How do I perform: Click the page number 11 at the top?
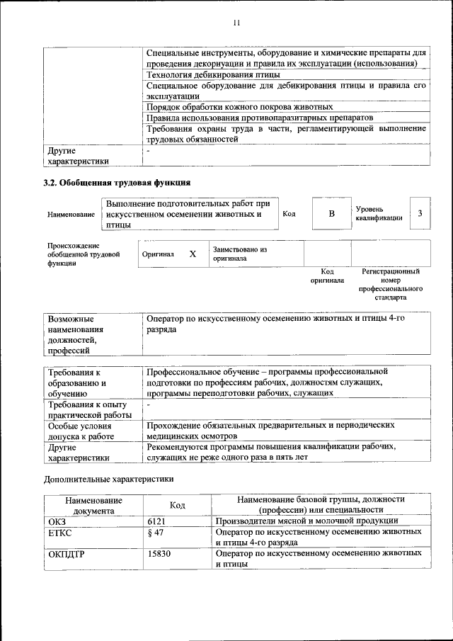(x=236, y=23)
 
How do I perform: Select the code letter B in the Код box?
(x=331, y=214)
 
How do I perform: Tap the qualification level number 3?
(x=420, y=214)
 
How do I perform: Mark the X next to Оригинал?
(x=193, y=254)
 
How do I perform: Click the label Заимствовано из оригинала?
(x=239, y=254)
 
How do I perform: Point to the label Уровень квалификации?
(x=379, y=214)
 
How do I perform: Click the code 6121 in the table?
(x=156, y=521)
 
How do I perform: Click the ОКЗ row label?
(x=57, y=521)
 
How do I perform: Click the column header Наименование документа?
(x=93, y=504)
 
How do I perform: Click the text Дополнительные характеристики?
(x=108, y=479)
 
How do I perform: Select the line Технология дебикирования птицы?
(x=212, y=74)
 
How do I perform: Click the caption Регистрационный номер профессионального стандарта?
(x=391, y=284)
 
